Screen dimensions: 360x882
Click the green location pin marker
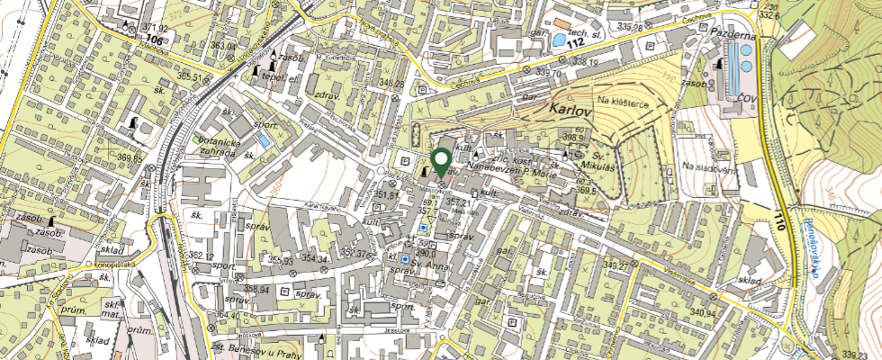tap(441, 161)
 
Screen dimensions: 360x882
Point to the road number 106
tap(155, 40)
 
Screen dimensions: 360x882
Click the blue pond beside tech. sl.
tap(561, 40)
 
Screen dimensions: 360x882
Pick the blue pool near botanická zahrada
tap(263, 141)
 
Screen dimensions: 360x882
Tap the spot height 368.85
tap(130, 157)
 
